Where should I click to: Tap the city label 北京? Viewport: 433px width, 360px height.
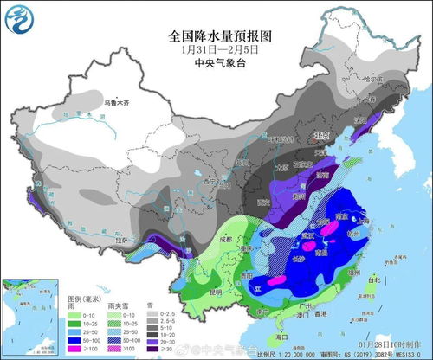[323, 135]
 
